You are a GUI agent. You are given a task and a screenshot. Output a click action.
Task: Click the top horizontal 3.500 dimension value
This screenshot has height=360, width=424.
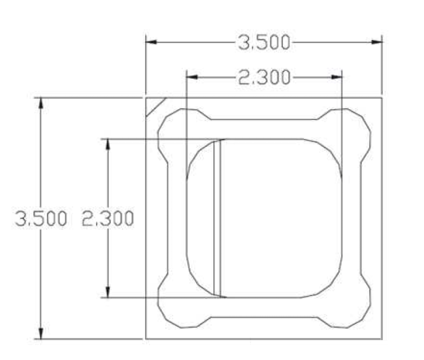point(264,42)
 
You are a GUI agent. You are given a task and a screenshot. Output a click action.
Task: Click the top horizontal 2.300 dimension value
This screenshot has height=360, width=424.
point(264,77)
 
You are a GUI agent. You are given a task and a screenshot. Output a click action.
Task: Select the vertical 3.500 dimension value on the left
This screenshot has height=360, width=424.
point(41,218)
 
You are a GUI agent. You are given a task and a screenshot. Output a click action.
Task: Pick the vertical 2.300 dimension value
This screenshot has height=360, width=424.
point(107,218)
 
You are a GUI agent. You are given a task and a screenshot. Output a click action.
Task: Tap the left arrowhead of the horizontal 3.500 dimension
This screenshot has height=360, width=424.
point(151,42)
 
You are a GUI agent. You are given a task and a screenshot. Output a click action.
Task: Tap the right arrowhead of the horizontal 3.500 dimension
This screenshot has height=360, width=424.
point(377,42)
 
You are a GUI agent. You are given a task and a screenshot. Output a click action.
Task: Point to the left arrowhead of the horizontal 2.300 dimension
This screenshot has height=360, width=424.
point(192,77)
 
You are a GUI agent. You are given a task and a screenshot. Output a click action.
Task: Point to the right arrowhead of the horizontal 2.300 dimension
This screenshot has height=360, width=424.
point(337,77)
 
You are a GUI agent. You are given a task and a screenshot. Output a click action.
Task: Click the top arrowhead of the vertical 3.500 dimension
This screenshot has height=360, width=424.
point(41,103)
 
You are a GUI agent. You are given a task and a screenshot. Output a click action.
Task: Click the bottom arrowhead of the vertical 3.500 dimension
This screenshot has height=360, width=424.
point(41,334)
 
